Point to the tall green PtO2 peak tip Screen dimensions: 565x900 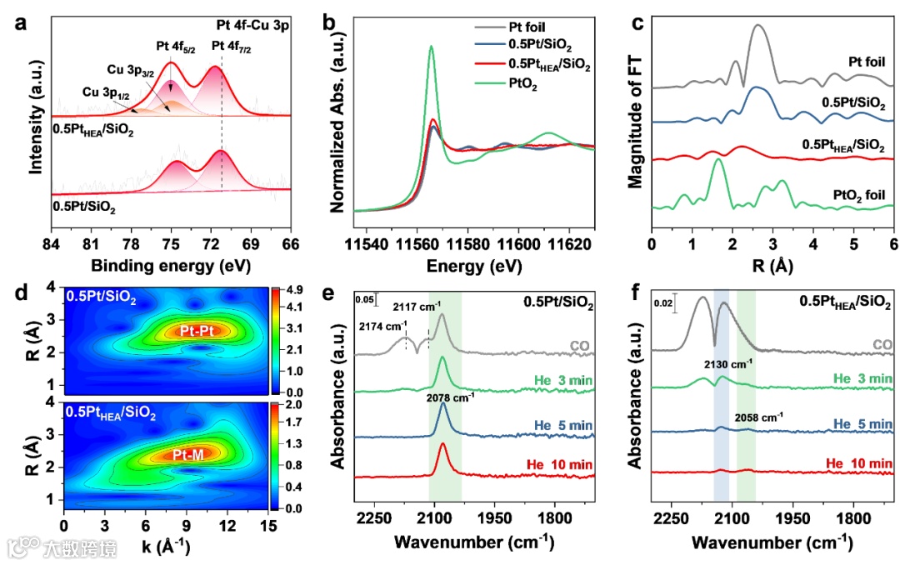[431, 47]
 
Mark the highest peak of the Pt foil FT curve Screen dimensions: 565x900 [758, 26]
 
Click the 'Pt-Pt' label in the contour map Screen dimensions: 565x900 [192, 331]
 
